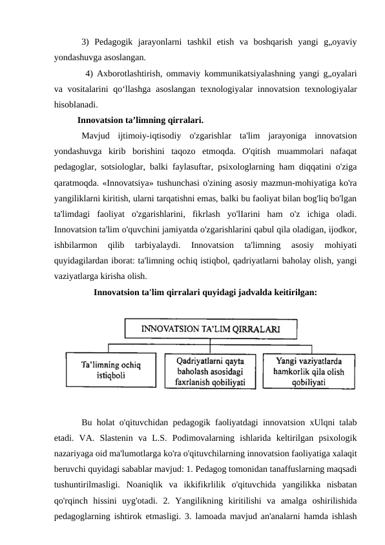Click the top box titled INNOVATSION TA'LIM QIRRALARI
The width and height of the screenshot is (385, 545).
coord(210,329)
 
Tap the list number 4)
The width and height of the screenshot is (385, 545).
coord(90,72)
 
